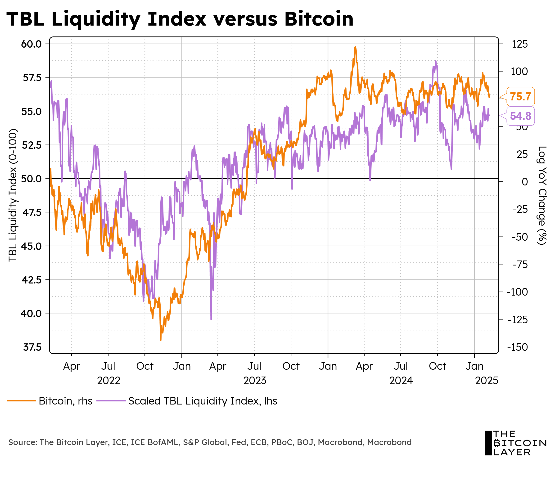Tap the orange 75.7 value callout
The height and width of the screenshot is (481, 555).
click(520, 96)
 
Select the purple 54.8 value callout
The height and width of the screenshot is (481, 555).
click(520, 116)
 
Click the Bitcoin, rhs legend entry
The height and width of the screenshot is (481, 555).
click(50, 401)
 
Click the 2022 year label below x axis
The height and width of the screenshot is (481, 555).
click(108, 381)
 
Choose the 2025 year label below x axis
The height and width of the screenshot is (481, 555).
click(487, 381)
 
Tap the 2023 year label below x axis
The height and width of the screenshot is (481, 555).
click(255, 381)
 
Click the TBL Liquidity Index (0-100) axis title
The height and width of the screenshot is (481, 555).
click(13, 195)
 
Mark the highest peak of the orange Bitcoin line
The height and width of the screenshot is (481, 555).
click(355, 47)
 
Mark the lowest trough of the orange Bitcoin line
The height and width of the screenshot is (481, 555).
click(161, 340)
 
